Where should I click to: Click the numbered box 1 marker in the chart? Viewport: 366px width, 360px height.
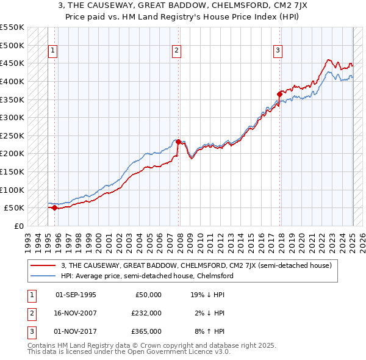click(54, 51)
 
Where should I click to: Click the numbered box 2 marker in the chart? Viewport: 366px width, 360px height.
click(176, 51)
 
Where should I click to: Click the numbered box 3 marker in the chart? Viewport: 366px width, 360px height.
click(278, 51)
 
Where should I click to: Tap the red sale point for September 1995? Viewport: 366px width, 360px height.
click(54, 207)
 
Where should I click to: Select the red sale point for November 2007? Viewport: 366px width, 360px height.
click(178, 142)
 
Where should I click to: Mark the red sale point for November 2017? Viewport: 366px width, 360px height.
click(279, 94)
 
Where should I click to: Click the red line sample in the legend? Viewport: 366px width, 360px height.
click(43, 265)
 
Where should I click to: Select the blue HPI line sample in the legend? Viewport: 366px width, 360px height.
click(43, 276)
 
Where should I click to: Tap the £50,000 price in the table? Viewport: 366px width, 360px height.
click(148, 295)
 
